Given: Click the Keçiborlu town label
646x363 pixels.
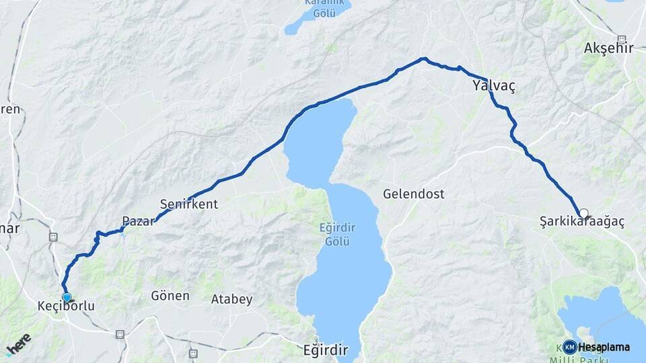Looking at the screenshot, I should tap(66, 307).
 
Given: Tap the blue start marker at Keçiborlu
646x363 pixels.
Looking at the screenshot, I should tap(67, 297).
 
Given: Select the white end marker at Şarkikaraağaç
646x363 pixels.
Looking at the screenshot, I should tap(583, 213).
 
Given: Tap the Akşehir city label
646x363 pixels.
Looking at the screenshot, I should tap(610, 48).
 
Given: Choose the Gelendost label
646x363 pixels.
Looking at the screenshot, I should tap(414, 194).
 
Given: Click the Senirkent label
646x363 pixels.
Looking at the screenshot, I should tap(189, 204).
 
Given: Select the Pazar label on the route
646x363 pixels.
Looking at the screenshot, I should tap(138, 221).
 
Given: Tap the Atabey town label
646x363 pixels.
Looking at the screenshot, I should tap(231, 299).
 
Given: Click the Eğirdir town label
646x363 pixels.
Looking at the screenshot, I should tap(325, 350).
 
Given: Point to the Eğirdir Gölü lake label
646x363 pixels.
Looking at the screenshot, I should tap(334, 235).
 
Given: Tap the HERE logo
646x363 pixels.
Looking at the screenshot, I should tap(18, 344).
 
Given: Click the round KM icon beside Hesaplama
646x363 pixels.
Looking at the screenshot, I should tap(570, 347).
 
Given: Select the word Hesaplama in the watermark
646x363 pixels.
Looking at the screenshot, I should tap(604, 348).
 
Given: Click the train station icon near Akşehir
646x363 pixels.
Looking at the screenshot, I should tap(621, 39).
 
